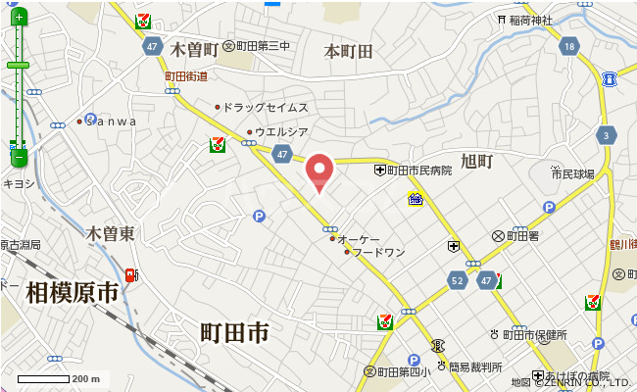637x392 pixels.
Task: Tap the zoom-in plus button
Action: [18, 18]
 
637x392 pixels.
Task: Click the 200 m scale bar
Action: [44, 378]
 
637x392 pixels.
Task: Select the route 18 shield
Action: [569, 47]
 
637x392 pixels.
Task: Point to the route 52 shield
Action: [458, 280]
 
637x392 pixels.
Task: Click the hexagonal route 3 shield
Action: [608, 135]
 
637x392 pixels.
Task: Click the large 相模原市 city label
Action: [73, 291]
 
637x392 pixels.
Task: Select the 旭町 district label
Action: [475, 161]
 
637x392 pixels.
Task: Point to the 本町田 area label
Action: [349, 51]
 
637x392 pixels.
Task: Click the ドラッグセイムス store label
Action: [265, 107]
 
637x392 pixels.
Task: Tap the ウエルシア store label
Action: [281, 131]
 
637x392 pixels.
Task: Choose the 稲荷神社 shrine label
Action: [530, 20]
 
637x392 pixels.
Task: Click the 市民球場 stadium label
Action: [572, 174]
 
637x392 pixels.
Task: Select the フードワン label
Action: [377, 252]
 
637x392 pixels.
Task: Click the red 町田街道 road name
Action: [186, 75]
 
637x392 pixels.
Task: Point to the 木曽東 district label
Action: [110, 234]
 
